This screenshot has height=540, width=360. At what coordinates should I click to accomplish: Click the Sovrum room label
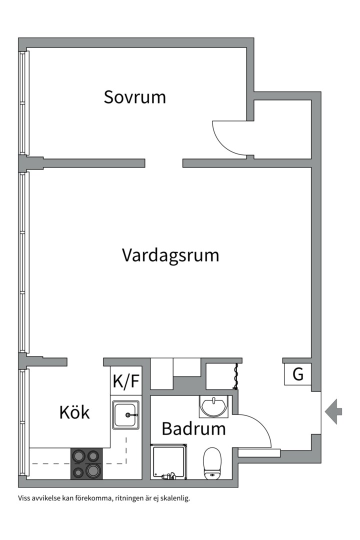134,97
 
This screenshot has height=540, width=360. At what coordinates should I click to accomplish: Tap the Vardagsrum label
170,255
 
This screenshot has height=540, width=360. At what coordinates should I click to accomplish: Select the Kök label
74,412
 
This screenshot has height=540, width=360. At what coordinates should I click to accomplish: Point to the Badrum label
193,428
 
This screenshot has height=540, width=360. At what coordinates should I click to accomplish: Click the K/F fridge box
126,382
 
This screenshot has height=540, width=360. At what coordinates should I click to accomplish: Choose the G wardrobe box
298,374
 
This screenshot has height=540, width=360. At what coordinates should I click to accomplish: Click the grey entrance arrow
333,411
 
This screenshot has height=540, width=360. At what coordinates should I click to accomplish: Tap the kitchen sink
126,415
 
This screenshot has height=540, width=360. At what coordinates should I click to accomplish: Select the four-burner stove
86,463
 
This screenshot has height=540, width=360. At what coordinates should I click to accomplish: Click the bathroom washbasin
214,405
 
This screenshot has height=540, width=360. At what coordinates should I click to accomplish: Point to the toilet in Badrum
212,463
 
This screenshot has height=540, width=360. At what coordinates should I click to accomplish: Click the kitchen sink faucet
131,415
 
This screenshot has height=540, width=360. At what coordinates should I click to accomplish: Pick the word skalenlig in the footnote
176,498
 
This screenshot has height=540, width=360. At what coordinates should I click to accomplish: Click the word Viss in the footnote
24,498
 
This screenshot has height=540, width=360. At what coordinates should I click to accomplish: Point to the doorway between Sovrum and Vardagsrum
164,163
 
